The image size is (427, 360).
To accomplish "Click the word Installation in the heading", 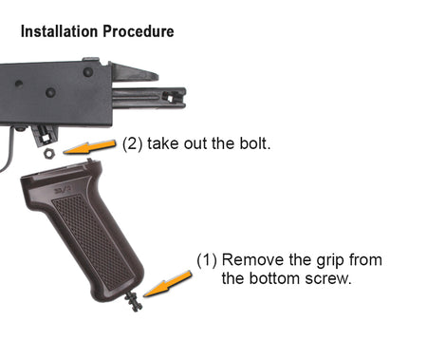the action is [x=59, y=31].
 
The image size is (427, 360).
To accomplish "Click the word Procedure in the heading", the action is [x=139, y=31].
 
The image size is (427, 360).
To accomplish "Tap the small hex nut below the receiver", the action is [x=49, y=154].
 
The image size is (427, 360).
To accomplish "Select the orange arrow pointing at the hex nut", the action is [x=89, y=147].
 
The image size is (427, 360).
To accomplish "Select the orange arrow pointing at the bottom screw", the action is [x=168, y=284].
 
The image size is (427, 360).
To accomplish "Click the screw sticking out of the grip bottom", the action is [x=134, y=302].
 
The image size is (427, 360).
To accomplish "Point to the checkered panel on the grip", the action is [x=92, y=242].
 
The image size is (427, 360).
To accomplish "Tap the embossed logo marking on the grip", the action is [x=63, y=190].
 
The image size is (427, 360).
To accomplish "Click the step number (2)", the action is [x=133, y=143].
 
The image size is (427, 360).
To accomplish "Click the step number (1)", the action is [x=207, y=260].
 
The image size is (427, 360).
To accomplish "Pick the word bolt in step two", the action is [x=254, y=143].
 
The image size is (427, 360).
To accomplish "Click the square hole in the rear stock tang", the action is [x=170, y=99].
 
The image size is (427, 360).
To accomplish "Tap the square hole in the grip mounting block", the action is [x=46, y=138].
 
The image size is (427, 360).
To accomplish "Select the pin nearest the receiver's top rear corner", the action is [x=88, y=72].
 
